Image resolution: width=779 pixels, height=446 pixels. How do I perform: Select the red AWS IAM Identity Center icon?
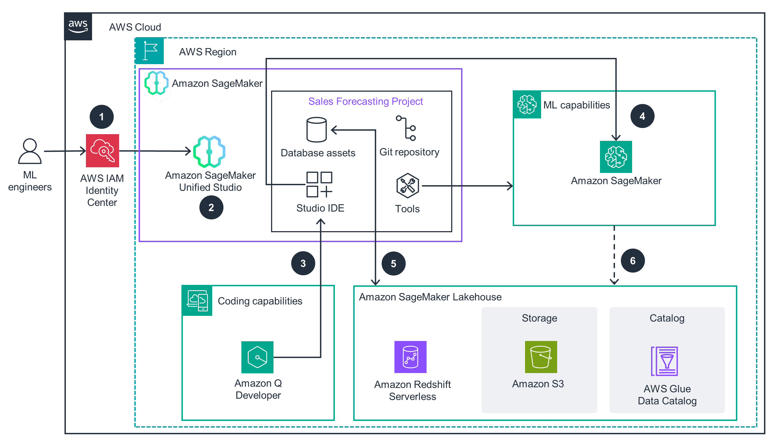click(102, 151)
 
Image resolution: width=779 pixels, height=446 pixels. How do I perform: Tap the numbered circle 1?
click(101, 117)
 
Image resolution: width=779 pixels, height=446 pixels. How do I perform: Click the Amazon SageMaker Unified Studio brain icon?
click(210, 151)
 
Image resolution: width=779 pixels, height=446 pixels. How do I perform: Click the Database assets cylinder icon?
click(317, 130)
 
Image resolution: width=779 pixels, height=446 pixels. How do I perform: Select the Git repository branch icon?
click(407, 128)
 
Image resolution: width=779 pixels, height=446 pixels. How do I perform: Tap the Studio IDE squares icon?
click(319, 184)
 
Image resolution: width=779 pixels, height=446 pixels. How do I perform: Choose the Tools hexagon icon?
click(408, 185)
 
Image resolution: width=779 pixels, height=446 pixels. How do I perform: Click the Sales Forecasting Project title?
click(366, 101)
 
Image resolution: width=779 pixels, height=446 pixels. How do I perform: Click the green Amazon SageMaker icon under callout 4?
click(616, 157)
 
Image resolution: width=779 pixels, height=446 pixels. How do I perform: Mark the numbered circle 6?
click(633, 261)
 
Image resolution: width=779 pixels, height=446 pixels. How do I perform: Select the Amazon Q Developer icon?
click(257, 357)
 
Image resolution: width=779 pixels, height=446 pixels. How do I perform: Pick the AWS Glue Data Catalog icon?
click(664, 362)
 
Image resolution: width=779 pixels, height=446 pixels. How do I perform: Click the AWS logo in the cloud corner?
click(78, 27)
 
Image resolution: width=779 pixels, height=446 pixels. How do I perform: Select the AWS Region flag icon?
click(150, 51)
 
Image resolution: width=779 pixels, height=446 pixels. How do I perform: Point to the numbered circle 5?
click(393, 263)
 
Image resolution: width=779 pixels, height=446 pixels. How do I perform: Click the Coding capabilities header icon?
click(197, 301)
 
